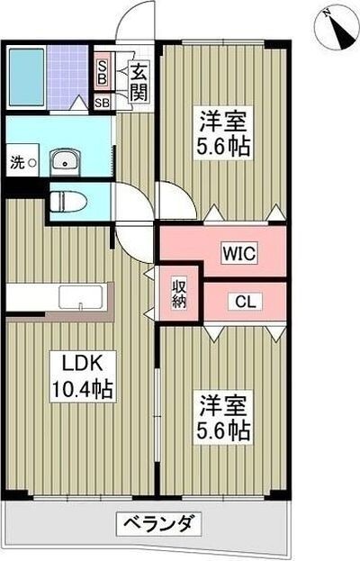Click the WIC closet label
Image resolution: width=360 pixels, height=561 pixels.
(240, 254)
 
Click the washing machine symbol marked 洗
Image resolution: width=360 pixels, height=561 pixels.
(22, 164)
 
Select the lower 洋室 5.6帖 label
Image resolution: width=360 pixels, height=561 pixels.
(221, 416)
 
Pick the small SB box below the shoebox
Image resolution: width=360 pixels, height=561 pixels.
(103, 104)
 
